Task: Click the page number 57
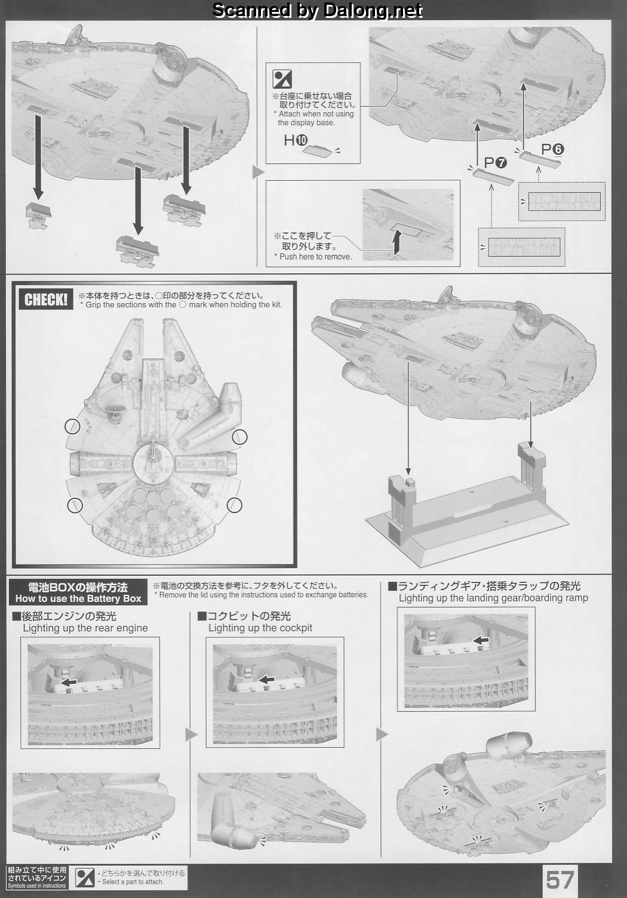click(x=560, y=881)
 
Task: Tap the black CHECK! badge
click(x=46, y=299)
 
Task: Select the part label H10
click(x=296, y=140)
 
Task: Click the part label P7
click(x=496, y=163)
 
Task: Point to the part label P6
click(x=552, y=149)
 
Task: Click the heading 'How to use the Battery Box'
click(x=78, y=598)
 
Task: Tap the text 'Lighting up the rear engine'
click(x=85, y=628)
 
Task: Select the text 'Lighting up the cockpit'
click(x=260, y=628)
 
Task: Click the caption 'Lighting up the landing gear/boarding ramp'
click(x=493, y=598)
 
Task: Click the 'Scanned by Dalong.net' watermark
click(x=317, y=10)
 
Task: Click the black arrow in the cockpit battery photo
click(x=266, y=679)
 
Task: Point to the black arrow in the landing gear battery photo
click(x=481, y=640)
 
